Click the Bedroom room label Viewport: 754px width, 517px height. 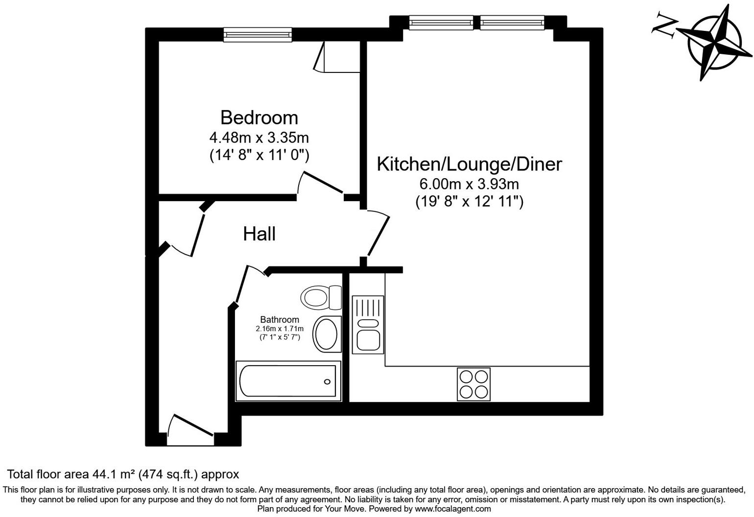259,117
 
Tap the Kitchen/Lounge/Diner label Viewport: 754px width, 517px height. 469,164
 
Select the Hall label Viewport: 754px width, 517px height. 259,234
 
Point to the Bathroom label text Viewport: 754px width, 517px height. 279,320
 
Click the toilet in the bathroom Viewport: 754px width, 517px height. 321,297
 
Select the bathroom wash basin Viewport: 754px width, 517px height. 327,333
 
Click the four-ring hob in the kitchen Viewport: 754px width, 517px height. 473,384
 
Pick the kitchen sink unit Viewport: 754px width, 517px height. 367,325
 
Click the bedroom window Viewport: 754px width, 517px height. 258,34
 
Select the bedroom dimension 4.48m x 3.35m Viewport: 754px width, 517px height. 259,137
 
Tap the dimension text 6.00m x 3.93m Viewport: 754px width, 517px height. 469,184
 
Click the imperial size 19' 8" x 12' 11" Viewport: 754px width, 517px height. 469,201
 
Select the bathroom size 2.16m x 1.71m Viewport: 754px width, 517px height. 279,329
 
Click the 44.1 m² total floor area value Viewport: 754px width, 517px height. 114,474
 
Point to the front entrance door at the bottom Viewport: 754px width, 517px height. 190,431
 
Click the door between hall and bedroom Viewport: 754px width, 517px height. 321,185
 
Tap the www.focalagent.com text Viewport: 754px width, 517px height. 453,509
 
